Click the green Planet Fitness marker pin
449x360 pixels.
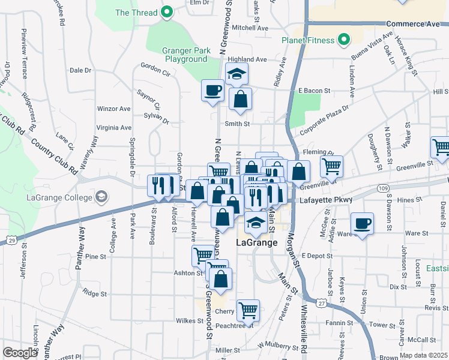pyautogui.click(x=343, y=41)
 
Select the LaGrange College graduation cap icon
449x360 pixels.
pyautogui.click(x=101, y=196)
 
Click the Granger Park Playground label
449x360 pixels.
pyautogui.click(x=186, y=55)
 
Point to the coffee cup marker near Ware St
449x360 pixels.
pyautogui.click(x=362, y=224)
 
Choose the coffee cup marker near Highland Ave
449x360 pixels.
pyautogui.click(x=213, y=91)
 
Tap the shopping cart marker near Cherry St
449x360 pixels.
pyautogui.click(x=248, y=310)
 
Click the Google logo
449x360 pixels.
pyautogui.click(x=20, y=353)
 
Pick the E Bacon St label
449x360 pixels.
pyautogui.click(x=315, y=91)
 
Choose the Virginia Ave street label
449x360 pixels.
pyautogui.click(x=113, y=127)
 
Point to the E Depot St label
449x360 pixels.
pyautogui.click(x=317, y=256)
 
